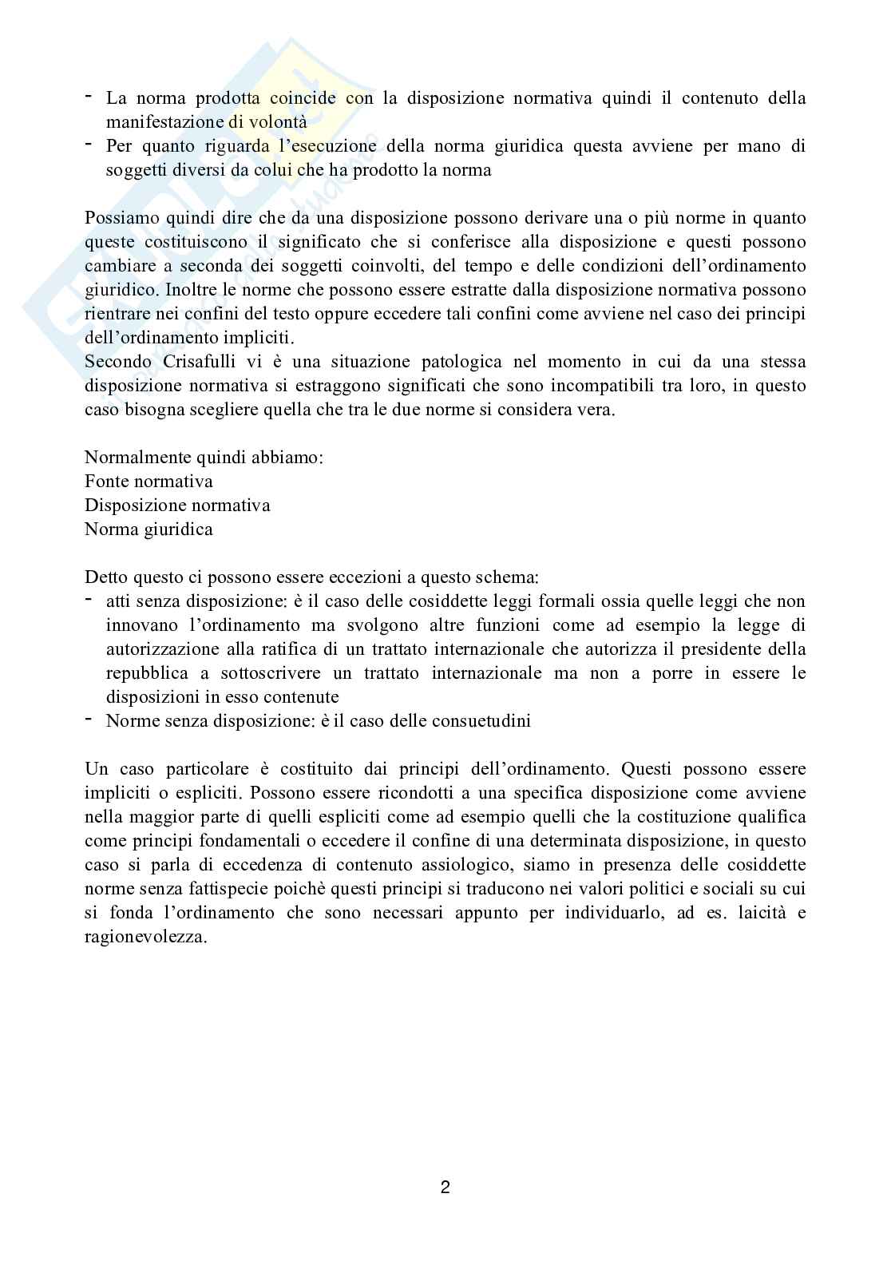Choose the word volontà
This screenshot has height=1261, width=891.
(x=278, y=122)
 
